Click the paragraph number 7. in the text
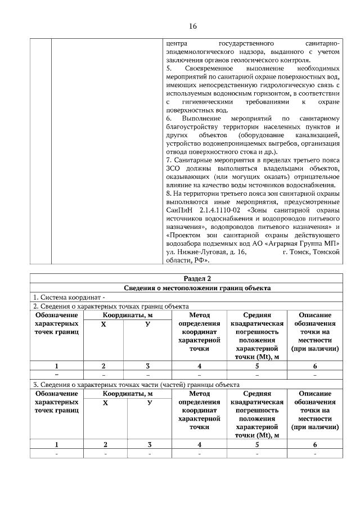[x=169, y=160]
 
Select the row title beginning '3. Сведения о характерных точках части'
[x=136, y=385]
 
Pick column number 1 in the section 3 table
[x=56, y=444]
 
